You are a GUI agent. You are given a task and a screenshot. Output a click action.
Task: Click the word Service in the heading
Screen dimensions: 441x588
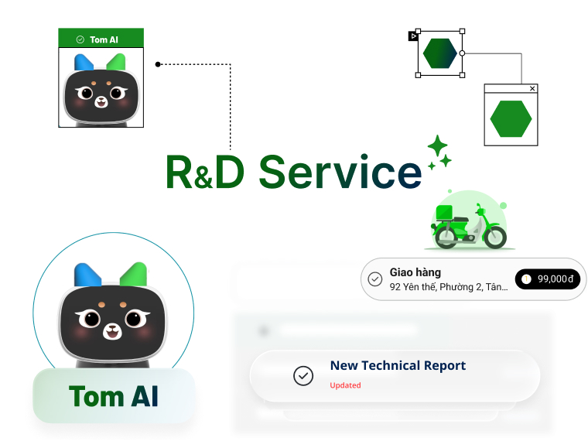[340, 172]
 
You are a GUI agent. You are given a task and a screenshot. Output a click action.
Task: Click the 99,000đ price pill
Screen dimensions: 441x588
[548, 279]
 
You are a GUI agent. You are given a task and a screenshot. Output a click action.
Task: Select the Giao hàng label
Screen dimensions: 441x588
[415, 272]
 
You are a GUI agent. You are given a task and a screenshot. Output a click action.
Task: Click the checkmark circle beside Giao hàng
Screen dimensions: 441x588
[375, 279]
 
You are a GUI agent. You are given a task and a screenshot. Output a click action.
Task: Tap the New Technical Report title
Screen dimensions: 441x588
[398, 365]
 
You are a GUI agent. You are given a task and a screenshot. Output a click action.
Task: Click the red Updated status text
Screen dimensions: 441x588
[345, 385]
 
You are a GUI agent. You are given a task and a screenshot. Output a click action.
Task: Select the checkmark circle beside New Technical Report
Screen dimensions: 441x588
[303, 375]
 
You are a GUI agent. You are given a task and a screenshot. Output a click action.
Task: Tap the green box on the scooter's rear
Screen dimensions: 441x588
[446, 213]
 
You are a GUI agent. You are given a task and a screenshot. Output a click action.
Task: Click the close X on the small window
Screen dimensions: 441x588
[532, 89]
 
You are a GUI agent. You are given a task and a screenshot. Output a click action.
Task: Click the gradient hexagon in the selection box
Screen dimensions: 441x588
[440, 53]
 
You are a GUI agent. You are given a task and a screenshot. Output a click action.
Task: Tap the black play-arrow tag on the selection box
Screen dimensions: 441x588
[413, 36]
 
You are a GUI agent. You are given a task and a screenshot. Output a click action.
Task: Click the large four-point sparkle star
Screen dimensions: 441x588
[438, 145]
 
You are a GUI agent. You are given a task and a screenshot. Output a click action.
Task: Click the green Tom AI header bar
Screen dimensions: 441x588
[101, 39]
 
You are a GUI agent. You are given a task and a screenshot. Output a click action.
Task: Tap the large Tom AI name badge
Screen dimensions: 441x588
[114, 396]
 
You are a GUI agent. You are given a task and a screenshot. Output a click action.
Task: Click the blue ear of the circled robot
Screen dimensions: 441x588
[86, 275]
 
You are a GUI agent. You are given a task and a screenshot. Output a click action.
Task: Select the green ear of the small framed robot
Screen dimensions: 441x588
[115, 63]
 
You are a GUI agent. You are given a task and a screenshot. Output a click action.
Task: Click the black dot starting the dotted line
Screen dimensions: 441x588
[158, 64]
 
